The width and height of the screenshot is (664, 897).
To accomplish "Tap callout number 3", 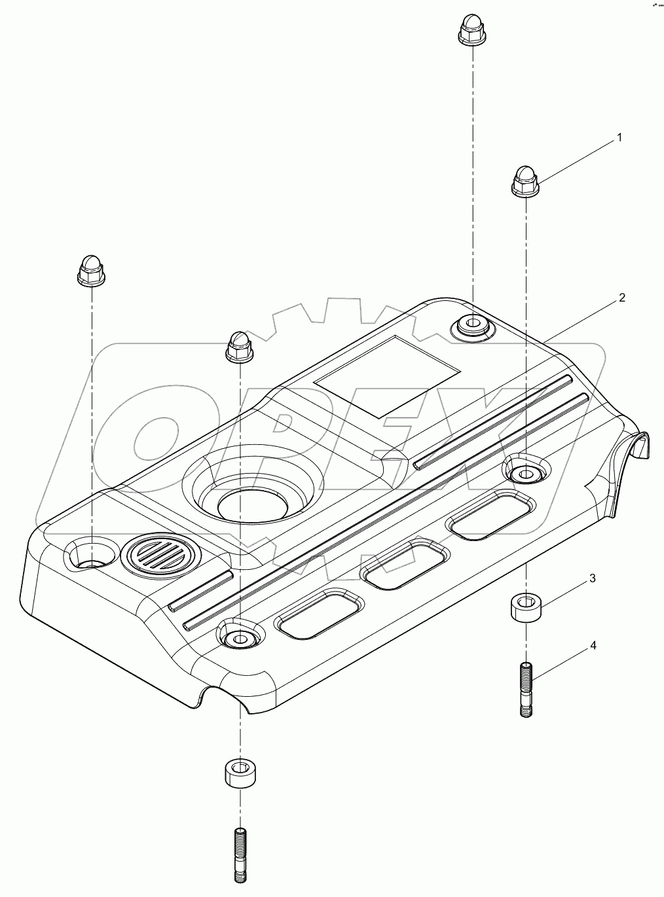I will [592, 578].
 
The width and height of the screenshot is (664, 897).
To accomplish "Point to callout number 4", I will [593, 646].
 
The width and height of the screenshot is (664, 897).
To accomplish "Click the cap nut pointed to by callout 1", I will [523, 181].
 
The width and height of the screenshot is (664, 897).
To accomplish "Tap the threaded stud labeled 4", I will [527, 690].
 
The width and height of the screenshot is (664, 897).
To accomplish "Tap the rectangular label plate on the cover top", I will [387, 377].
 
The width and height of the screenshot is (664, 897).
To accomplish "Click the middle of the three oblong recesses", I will [406, 564].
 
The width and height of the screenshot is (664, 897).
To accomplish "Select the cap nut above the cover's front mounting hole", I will [239, 347].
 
